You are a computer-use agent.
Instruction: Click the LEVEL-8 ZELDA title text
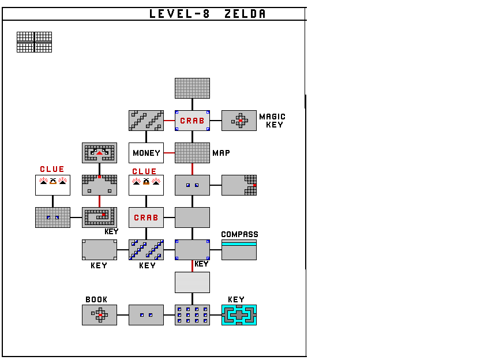tap(208, 14)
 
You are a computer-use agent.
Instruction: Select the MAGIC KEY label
tap(272, 121)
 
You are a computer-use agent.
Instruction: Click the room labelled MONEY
tap(146, 153)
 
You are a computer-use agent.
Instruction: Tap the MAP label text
tap(221, 153)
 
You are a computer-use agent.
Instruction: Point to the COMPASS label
tap(239, 234)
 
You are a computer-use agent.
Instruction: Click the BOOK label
tap(96, 299)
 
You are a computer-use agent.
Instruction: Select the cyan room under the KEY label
tap(239, 315)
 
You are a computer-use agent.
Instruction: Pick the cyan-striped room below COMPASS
tap(239, 250)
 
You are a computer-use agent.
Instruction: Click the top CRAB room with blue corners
tap(192, 121)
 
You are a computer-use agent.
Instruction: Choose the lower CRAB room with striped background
tap(146, 217)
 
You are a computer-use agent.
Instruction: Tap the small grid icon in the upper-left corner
tap(34, 42)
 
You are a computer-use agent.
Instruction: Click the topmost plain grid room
tap(192, 88)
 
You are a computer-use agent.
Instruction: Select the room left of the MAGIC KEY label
tap(239, 121)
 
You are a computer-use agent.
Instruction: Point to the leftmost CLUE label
tap(52, 169)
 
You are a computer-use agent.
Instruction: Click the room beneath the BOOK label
tap(99, 315)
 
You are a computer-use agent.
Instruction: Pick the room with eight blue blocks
tap(192, 315)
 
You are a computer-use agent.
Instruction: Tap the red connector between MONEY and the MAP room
tap(169, 153)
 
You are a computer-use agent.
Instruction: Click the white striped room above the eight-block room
tap(192, 282)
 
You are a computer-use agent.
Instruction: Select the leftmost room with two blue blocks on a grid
tap(52, 217)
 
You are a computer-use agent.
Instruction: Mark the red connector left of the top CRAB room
tap(169, 121)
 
